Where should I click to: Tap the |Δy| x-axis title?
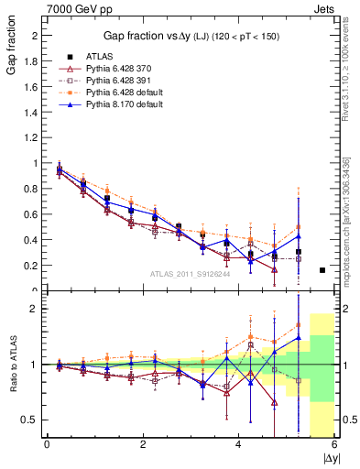(x=330, y=457)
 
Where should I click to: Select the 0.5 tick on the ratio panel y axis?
(x=29, y=420)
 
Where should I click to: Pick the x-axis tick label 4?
(x=238, y=444)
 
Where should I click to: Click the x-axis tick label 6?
(x=334, y=444)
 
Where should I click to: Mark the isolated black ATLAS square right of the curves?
(x=322, y=270)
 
